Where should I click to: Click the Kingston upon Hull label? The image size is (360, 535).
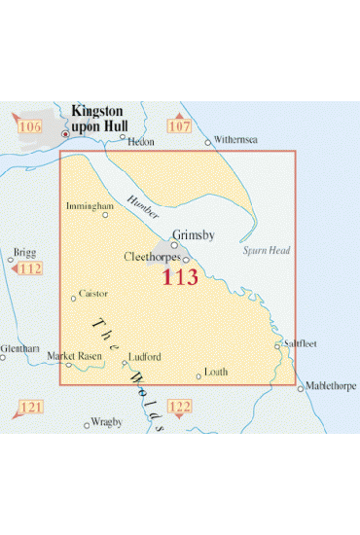[x=103, y=120]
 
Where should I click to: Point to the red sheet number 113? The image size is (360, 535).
[x=180, y=277]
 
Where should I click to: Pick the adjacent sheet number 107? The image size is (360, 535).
[x=180, y=126]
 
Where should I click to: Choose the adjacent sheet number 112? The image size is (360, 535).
[x=32, y=269]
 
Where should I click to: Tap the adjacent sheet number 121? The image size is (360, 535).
[x=32, y=406]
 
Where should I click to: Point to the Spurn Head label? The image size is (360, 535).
[x=261, y=250]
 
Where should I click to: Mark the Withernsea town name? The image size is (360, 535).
[x=236, y=140]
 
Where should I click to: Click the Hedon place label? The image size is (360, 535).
[x=142, y=140]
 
